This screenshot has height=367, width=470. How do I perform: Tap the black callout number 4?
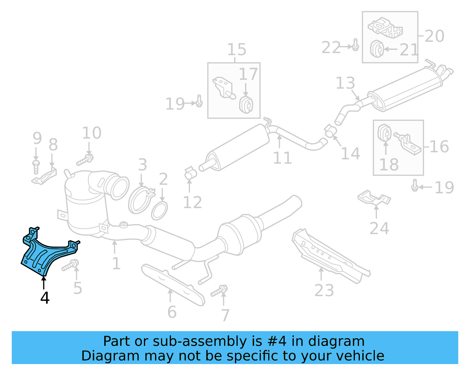click(45, 298)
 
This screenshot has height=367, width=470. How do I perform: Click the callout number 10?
click(92, 133)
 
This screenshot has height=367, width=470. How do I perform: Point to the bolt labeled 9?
click(36, 167)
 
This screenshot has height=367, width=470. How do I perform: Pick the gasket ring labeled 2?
click(159, 211)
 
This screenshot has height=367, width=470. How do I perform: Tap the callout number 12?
click(192, 202)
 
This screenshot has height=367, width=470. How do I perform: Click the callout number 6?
click(172, 312)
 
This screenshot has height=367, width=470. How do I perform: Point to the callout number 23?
click(324, 291)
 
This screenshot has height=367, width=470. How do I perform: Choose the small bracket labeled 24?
click(374, 198)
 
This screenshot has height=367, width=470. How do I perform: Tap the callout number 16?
click(439, 146)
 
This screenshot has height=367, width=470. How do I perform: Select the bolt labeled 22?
click(355, 45)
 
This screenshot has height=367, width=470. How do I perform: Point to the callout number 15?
click(237, 49)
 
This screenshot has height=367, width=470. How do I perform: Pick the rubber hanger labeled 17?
click(246, 104)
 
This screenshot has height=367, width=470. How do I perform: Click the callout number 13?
click(345, 83)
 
